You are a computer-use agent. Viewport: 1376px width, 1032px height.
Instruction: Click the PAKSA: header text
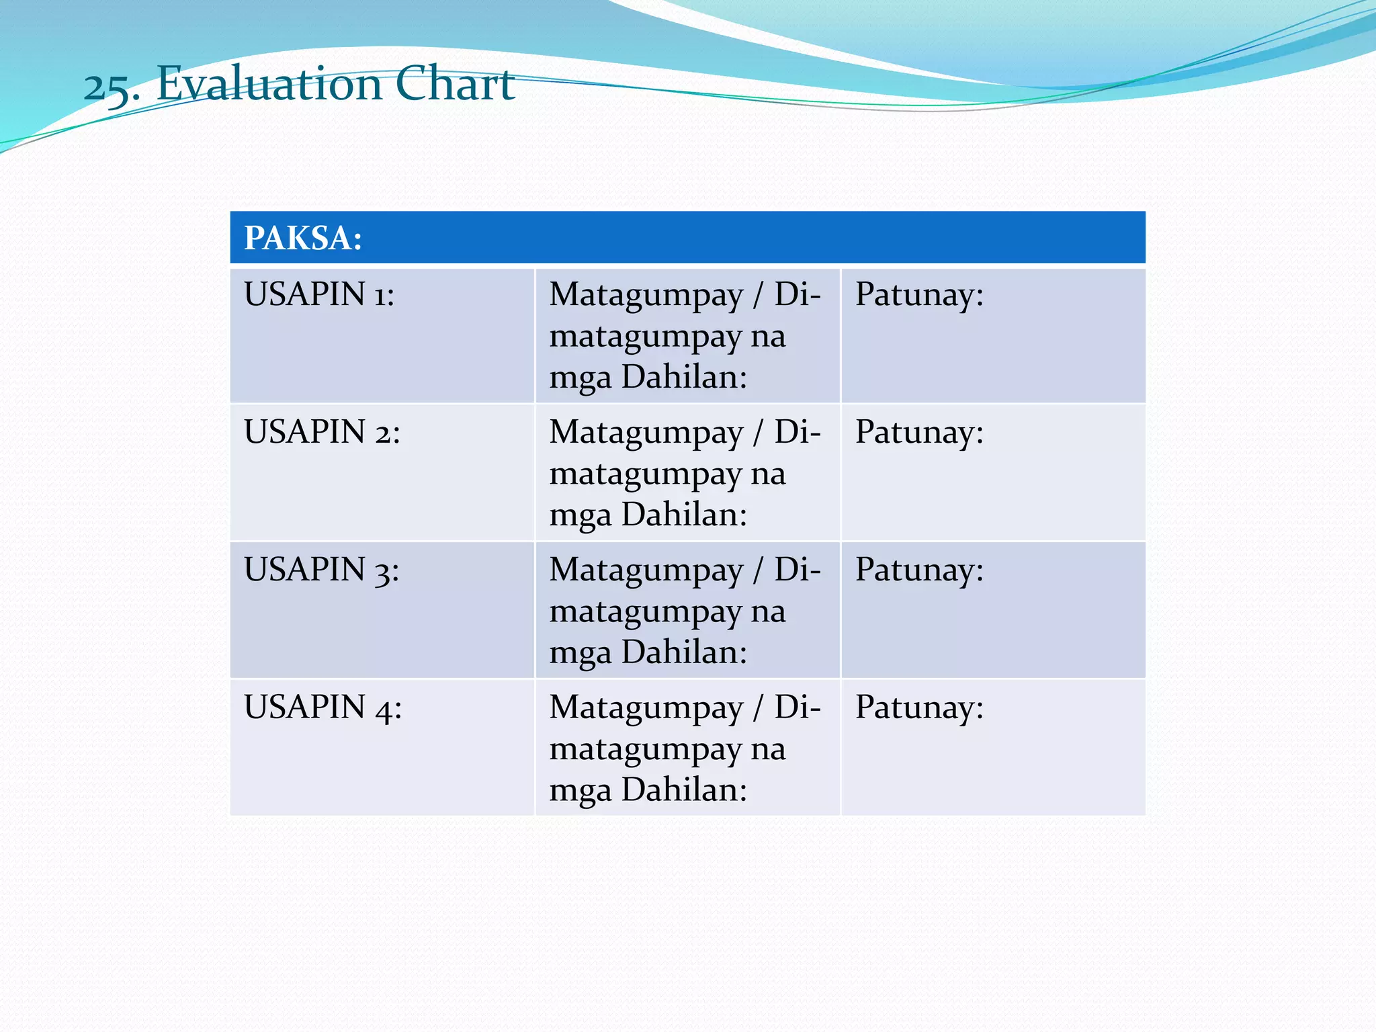[x=303, y=238]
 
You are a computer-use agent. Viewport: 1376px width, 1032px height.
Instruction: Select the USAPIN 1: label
[x=319, y=294]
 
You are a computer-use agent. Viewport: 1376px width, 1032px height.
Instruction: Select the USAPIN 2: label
[x=322, y=432]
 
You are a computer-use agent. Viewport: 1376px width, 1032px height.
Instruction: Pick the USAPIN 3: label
[x=321, y=570]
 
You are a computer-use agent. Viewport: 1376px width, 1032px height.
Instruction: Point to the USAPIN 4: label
[x=322, y=707]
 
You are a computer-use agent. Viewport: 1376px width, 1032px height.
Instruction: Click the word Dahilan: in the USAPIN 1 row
[x=684, y=377]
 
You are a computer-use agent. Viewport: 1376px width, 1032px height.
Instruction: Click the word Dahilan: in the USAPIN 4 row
[x=684, y=789]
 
